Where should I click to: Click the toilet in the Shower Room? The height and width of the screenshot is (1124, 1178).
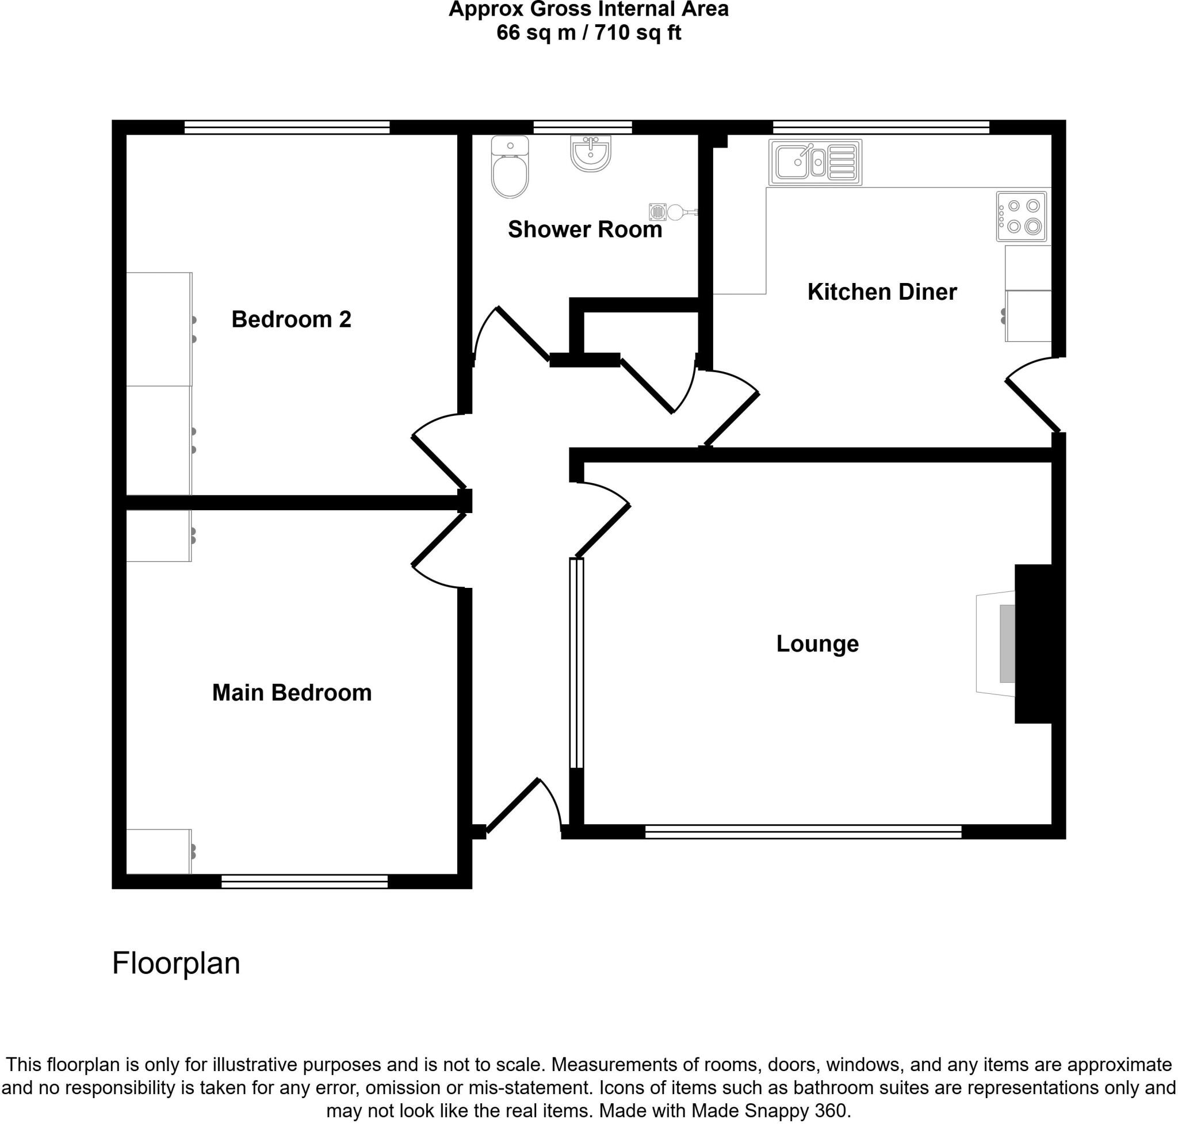509,167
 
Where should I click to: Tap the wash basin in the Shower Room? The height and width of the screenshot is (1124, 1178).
590,153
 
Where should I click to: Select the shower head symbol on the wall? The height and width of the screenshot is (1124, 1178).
674,212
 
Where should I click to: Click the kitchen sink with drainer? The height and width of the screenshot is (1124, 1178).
815,162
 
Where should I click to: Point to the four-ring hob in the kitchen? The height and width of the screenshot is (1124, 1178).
1021,216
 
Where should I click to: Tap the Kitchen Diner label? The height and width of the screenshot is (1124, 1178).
881,292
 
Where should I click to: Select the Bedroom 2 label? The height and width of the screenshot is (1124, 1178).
291,319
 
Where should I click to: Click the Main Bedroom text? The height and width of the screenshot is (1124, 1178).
292,693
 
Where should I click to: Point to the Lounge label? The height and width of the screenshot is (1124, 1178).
817,644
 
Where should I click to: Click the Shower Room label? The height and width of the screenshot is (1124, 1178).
585,230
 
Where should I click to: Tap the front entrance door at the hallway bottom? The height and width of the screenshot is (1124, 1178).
515,806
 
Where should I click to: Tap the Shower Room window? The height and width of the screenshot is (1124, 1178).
583,127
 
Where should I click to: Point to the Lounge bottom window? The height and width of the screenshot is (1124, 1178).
803,831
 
